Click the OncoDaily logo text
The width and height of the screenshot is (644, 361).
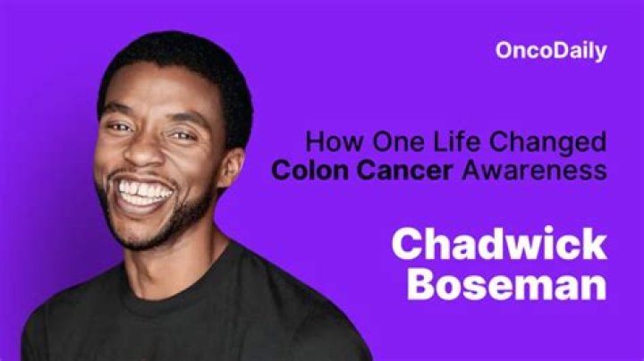point(550,51)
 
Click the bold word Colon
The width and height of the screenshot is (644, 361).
point(309,171)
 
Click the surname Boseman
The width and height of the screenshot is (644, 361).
point(507,286)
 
